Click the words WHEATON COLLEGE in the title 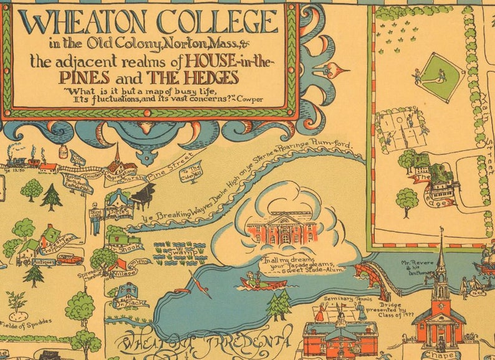coord(148,23)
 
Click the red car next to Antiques coord(69,258)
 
